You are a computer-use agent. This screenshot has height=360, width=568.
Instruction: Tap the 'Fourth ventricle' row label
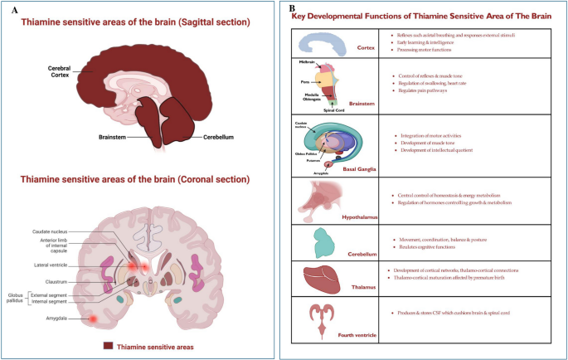point(355,334)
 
